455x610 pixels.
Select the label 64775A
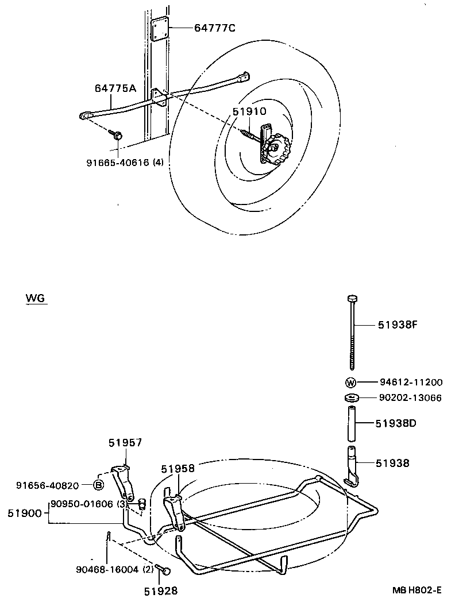(115, 88)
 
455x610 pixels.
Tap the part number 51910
(250, 113)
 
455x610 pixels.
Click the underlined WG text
(36, 299)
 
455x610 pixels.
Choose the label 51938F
(397, 325)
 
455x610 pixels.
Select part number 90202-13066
(410, 397)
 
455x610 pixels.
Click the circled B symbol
(98, 485)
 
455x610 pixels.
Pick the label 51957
(125, 442)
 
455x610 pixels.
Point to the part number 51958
(178, 469)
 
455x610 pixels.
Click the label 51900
(25, 512)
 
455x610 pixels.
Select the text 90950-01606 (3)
(88, 504)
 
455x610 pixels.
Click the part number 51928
(160, 590)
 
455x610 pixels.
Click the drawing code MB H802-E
(417, 590)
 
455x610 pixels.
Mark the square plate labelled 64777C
(161, 29)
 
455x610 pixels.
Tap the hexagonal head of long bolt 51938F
(352, 298)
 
